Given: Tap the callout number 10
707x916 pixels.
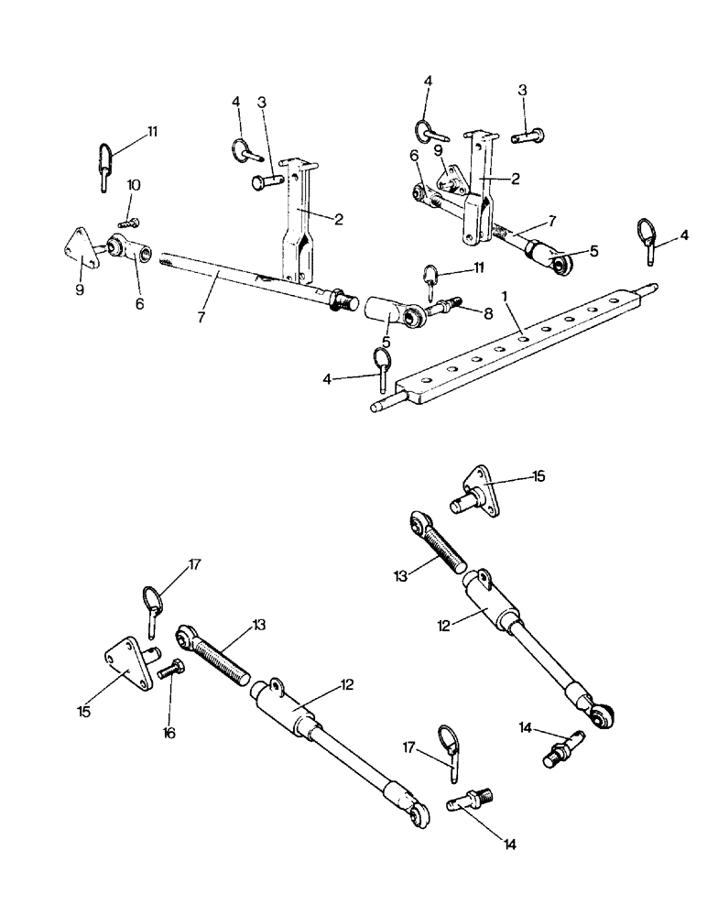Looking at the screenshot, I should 134,185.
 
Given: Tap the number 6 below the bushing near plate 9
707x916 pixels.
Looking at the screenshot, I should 139,302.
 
